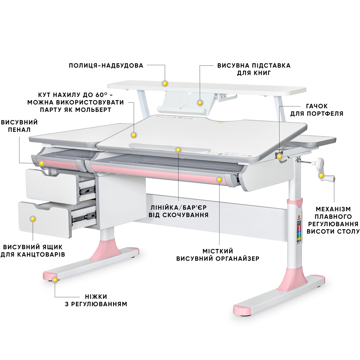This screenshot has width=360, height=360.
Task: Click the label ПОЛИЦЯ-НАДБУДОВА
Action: (106, 66)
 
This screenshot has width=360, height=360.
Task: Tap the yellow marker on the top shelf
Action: (165, 84)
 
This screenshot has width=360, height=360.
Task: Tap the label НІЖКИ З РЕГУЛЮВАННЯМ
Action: (96, 300)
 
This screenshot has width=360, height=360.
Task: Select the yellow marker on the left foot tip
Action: (55, 280)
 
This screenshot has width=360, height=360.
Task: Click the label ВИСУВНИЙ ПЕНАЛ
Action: (19, 126)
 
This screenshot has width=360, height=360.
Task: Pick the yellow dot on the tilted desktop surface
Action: (134, 135)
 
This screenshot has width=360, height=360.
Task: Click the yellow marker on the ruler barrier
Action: (178, 150)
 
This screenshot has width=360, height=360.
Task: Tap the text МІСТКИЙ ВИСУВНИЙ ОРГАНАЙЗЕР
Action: (218, 255)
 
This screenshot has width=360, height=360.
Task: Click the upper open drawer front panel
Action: (52, 186)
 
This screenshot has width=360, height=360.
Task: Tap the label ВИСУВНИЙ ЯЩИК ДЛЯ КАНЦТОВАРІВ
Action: (33, 251)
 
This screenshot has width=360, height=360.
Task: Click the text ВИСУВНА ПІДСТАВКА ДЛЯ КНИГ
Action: (253, 69)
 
